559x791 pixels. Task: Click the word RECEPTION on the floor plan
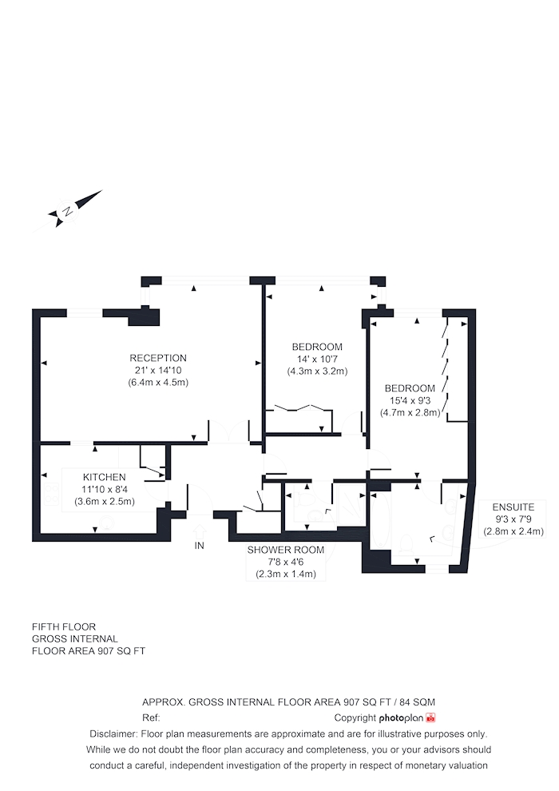tap(158, 358)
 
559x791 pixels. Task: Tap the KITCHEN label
tap(105, 477)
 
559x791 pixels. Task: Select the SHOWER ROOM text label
tap(286, 550)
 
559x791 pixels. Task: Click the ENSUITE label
tap(513, 507)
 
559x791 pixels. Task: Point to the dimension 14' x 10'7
tap(317, 360)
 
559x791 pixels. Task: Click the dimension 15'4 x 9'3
tap(410, 400)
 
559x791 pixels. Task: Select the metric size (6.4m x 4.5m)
tap(158, 383)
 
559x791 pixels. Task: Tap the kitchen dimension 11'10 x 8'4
tap(105, 489)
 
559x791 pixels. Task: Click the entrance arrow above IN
tap(200, 531)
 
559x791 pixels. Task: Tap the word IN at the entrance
tap(200, 546)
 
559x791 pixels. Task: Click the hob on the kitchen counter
tap(51, 494)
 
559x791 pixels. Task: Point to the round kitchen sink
tap(106, 523)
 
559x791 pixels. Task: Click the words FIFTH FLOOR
tap(64, 627)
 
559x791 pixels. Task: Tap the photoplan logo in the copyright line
tap(407, 717)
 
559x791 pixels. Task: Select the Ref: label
tap(151, 717)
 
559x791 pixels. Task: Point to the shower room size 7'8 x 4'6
tap(286, 562)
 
